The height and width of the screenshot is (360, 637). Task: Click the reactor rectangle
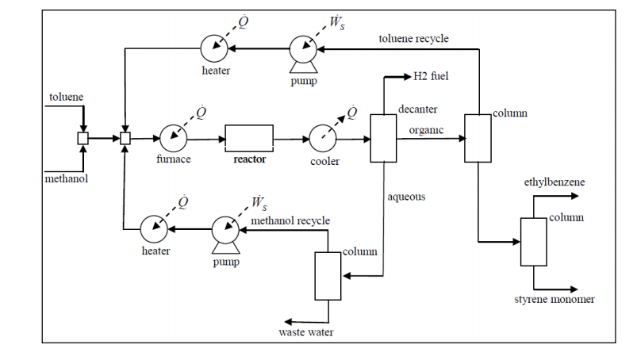249,138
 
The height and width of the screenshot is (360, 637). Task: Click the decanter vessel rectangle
383,138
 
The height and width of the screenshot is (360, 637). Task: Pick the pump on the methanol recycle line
225,229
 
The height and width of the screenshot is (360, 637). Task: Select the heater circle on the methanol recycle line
155,229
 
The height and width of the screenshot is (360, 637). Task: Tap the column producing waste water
327,275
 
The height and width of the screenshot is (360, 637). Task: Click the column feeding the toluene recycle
478,138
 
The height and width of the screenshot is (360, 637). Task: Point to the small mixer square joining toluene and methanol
83,138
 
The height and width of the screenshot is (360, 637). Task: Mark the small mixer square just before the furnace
125,138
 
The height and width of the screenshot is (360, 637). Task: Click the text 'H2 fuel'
432,78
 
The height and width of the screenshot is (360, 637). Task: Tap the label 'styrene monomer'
554,299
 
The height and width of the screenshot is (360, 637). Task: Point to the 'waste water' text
305,332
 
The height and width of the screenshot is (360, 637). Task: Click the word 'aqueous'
407,196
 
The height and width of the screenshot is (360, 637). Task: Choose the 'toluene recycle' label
413,38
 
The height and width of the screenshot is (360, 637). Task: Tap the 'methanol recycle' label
290,220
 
